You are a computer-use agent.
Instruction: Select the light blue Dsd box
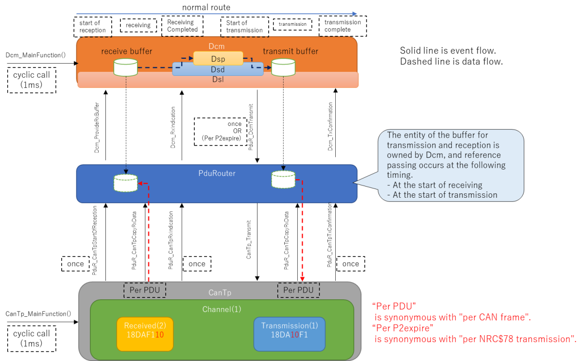tap(218, 69)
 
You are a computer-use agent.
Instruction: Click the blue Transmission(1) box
tap(289, 333)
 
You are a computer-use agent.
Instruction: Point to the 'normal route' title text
tap(206, 7)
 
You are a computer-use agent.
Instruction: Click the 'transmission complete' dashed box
tap(343, 26)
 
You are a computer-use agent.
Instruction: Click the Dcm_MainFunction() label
tap(35, 55)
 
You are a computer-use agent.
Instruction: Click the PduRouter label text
tap(217, 173)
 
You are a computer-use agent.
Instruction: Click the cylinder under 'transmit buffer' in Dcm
tap(283, 68)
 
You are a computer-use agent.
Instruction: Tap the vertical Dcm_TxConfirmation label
tap(330, 126)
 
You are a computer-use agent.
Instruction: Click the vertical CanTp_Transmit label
tap(249, 238)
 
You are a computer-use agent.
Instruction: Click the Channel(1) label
tap(222, 309)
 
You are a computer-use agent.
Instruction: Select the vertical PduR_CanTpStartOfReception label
tap(95, 241)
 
